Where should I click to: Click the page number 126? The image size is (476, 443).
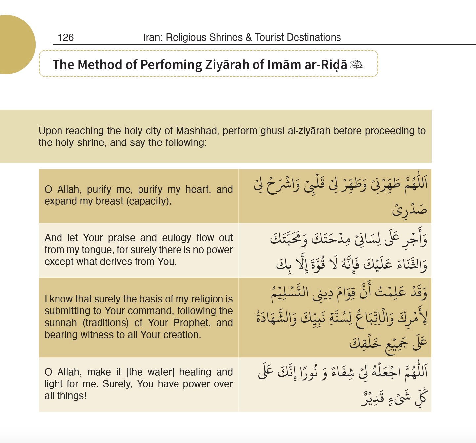(x=65, y=37)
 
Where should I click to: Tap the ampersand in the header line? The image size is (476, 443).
(x=249, y=37)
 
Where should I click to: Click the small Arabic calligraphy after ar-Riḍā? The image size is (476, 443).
(x=357, y=64)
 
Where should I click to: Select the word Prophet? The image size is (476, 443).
(x=192, y=323)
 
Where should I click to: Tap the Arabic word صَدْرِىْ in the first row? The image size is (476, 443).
(x=410, y=210)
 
